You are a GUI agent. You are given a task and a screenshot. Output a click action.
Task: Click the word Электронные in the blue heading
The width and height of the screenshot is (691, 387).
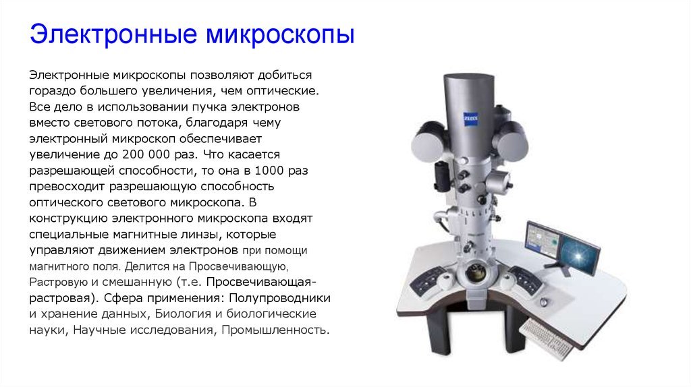(x=113, y=34)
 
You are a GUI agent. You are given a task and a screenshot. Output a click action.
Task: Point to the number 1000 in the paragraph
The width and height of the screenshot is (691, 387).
(x=270, y=171)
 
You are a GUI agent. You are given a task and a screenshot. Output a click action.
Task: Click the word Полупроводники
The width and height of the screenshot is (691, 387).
(x=280, y=299)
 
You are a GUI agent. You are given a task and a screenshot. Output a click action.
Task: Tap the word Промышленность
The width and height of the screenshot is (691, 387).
(x=275, y=330)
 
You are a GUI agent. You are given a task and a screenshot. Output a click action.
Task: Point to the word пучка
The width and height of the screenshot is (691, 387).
(x=210, y=107)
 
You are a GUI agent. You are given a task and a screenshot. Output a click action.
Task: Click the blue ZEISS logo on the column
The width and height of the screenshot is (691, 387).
(x=470, y=119)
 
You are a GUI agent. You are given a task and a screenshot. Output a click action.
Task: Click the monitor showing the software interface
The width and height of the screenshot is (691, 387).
(x=543, y=241)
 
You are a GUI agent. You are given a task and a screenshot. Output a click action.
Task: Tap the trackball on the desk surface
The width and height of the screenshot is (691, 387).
(x=545, y=303)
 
